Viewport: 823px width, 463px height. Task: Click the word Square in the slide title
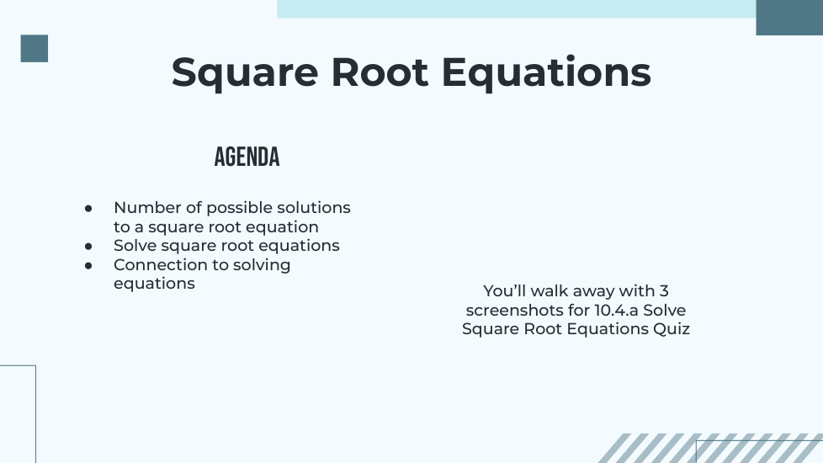click(x=245, y=73)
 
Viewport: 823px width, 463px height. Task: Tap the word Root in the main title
click(x=380, y=72)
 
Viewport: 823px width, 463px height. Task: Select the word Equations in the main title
click(x=546, y=73)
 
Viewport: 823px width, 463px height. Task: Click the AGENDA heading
click(x=247, y=157)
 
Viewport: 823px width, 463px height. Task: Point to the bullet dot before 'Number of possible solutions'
click(x=88, y=209)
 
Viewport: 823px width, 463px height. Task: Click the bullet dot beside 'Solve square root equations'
click(x=88, y=246)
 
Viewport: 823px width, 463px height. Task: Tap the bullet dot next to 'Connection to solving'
click(x=88, y=266)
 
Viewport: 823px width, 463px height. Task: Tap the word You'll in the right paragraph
click(x=504, y=290)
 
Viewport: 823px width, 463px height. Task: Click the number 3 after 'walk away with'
click(x=664, y=290)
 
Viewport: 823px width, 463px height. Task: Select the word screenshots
click(x=528, y=310)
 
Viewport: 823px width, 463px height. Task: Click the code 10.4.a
click(x=616, y=310)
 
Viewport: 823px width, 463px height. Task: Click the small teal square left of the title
click(x=35, y=48)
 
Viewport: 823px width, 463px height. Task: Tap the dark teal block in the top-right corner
click(x=789, y=18)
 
